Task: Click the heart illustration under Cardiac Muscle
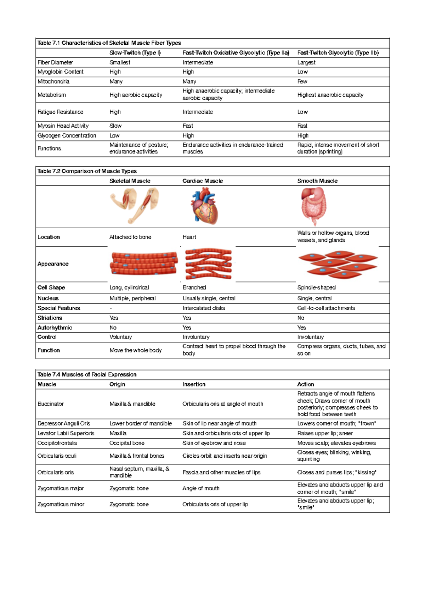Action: click(x=205, y=207)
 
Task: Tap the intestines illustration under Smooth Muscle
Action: click(x=313, y=206)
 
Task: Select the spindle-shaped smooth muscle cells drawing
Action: click(x=338, y=264)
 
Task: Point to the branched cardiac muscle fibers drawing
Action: click(x=208, y=264)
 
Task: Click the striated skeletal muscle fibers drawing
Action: click(x=143, y=263)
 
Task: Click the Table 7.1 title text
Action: click(x=109, y=43)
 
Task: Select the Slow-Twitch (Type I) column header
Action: click(x=135, y=53)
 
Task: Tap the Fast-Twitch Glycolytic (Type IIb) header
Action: click(x=338, y=53)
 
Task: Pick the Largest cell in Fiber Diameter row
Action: click(x=306, y=62)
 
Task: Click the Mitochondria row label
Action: click(x=53, y=82)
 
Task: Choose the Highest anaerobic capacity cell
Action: click(x=330, y=95)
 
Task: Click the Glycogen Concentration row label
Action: click(x=67, y=136)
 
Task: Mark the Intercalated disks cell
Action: click(x=204, y=308)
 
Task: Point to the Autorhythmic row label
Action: click(x=55, y=328)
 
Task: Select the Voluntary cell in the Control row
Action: click(x=120, y=337)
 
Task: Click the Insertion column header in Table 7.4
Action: click(x=194, y=384)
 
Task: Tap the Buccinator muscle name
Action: click(x=51, y=404)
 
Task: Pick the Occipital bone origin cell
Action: click(x=127, y=443)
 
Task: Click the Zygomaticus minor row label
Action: click(x=61, y=504)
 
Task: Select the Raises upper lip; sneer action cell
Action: click(x=325, y=433)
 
